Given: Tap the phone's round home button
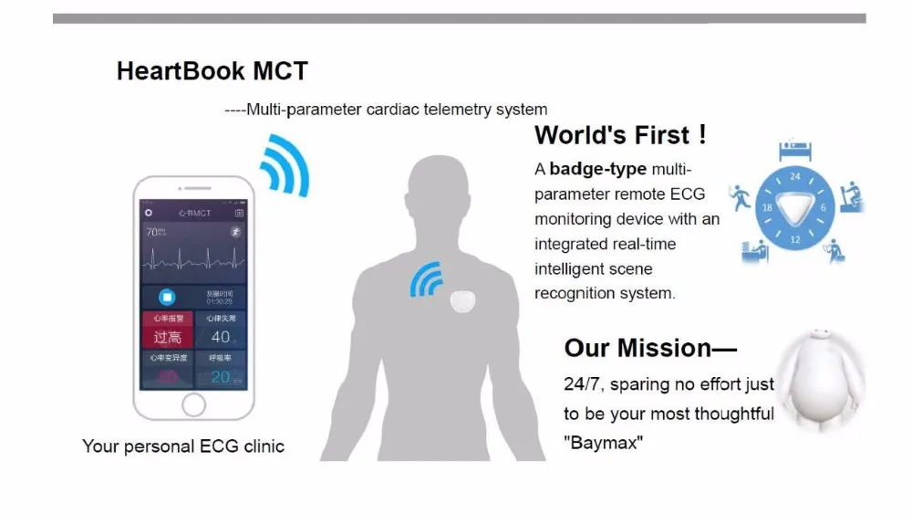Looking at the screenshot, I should click(x=193, y=404).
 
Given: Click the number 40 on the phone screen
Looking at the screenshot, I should click(x=221, y=337).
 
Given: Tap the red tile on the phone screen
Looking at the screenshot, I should click(x=168, y=330).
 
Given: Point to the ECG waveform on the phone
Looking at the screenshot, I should click(x=194, y=260).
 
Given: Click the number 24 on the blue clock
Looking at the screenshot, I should click(x=795, y=175).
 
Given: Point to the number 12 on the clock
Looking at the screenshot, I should click(x=795, y=239).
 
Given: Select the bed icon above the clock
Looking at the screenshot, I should click(x=795, y=148).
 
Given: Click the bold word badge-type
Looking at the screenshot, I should click(x=597, y=169).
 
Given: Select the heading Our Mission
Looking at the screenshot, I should click(x=649, y=348).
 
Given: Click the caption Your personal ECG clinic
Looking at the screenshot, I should click(x=183, y=446).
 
